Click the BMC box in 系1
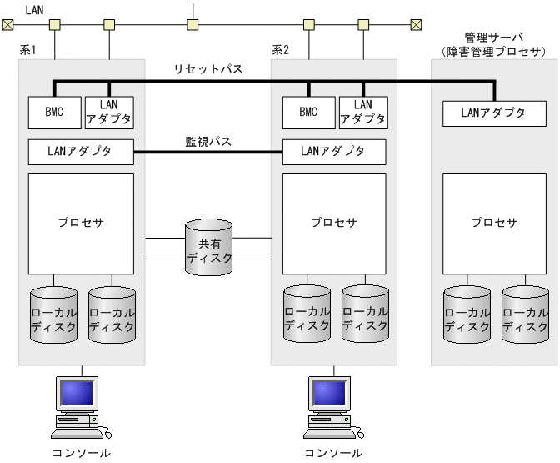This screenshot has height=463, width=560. (x=53, y=112)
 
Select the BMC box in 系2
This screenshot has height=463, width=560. (x=308, y=112)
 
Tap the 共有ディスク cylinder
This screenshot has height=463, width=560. (x=209, y=249)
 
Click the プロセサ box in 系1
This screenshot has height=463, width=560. (x=81, y=223)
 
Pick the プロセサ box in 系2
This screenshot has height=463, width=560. (x=334, y=223)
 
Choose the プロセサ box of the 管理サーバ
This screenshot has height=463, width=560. (x=494, y=223)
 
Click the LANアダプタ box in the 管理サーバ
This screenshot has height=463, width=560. (x=494, y=113)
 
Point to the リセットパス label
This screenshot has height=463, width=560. (x=208, y=69)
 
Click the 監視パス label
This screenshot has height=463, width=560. (x=208, y=142)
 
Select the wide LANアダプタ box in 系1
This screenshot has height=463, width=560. (x=81, y=152)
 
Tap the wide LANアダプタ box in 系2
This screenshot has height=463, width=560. (x=334, y=152)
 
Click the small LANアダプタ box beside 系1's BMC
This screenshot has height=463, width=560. (x=108, y=112)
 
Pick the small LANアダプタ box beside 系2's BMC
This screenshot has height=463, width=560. (x=363, y=112)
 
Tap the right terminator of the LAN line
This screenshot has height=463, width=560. (x=416, y=24)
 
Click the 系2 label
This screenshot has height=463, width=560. (x=281, y=51)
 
